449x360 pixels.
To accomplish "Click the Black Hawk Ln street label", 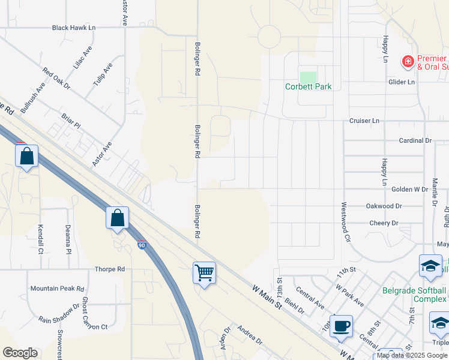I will [x=74, y=28].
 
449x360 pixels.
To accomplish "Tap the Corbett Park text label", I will [x=308, y=86].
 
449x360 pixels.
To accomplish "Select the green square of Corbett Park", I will [x=308, y=77].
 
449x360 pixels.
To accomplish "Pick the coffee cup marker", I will [x=342, y=326].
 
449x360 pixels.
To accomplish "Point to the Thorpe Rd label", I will [x=109, y=269].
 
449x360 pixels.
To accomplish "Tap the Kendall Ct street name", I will [x=41, y=238].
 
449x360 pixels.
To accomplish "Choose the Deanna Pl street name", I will [x=68, y=239].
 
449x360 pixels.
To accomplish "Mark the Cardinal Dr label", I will [x=415, y=140].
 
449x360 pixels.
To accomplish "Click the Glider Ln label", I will [x=402, y=82].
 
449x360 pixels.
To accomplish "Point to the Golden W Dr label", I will [x=409, y=189].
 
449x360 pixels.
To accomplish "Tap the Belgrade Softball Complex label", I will [x=415, y=295].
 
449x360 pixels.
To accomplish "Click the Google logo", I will [x=20, y=353].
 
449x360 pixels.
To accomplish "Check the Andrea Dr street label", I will [x=249, y=335].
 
